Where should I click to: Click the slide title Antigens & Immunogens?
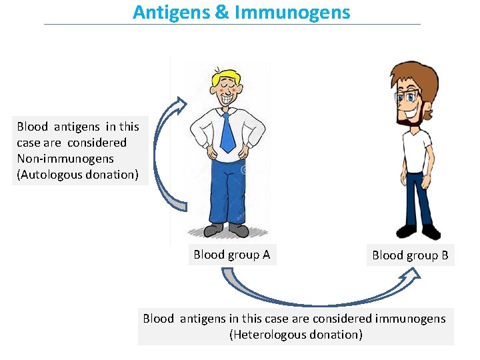pyautogui.click(x=241, y=12)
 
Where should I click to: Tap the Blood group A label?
pyautogui.click(x=231, y=255)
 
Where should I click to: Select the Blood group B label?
pyautogui.click(x=410, y=255)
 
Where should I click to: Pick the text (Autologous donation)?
pyautogui.click(x=77, y=175)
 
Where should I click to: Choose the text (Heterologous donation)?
pyautogui.click(x=295, y=335)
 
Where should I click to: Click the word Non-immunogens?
pyautogui.click(x=65, y=159)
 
